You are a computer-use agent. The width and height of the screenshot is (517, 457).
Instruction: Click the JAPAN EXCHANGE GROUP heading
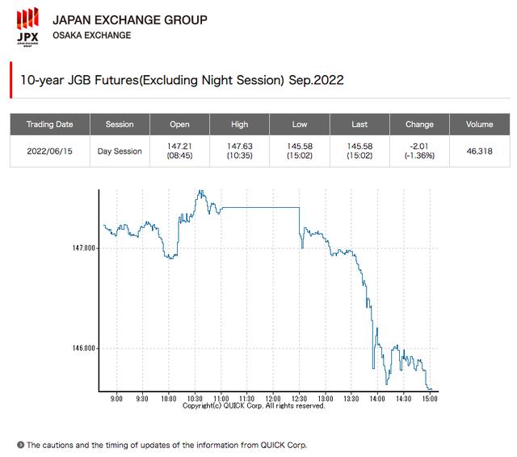(x=129, y=19)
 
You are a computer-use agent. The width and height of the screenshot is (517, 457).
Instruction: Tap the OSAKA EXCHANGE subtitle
(x=91, y=36)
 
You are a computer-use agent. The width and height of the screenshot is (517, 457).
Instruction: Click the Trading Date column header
(x=49, y=125)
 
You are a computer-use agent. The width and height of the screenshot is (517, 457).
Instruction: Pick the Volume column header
(x=479, y=125)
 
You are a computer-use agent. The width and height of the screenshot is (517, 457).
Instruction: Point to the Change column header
(x=419, y=125)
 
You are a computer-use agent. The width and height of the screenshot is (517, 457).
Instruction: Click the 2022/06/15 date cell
(x=49, y=151)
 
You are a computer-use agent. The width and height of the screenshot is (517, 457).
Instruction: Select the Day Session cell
(x=120, y=151)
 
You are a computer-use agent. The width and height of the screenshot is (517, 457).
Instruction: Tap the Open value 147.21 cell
(x=179, y=151)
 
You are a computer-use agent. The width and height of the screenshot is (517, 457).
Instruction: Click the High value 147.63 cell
(x=240, y=151)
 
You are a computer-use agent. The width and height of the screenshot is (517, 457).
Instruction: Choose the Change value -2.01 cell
(x=419, y=151)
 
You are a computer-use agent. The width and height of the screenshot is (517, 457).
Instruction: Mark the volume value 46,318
(x=479, y=151)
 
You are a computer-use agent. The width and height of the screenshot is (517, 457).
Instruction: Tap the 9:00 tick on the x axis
(x=116, y=399)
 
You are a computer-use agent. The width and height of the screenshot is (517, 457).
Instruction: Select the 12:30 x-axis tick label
(x=299, y=399)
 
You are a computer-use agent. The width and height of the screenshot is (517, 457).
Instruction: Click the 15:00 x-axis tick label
(x=431, y=399)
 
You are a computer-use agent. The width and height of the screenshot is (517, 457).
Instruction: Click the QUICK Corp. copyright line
(x=254, y=406)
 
